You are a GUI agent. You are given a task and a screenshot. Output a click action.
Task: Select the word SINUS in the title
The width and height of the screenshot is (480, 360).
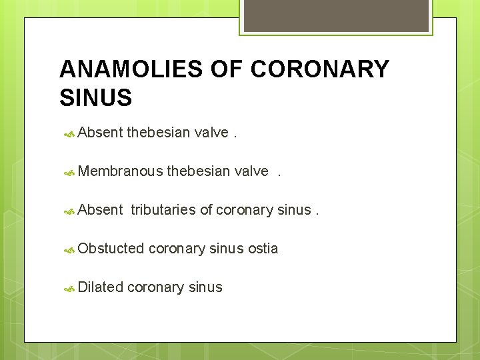coord(95,98)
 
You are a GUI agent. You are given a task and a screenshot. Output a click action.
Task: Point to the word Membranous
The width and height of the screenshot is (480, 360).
coord(120,171)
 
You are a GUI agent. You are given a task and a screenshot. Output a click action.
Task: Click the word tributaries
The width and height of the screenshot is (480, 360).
coord(163,210)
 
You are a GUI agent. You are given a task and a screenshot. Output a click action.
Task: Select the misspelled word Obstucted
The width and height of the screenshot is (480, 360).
coord(111,249)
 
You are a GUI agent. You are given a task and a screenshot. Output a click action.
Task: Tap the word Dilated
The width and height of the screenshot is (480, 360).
coord(100,287)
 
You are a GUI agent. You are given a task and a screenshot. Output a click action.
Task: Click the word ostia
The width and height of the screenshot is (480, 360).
coord(263,249)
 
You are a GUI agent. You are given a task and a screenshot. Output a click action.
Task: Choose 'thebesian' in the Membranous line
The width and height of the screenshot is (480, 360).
coord(198,171)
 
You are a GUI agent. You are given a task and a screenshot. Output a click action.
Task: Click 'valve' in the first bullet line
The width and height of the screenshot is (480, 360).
coord(211,133)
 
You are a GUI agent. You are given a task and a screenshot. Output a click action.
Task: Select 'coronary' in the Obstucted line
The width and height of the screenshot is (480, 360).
coord(177,249)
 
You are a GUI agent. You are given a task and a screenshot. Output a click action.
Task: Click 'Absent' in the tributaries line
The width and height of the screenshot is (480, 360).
coord(100,210)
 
